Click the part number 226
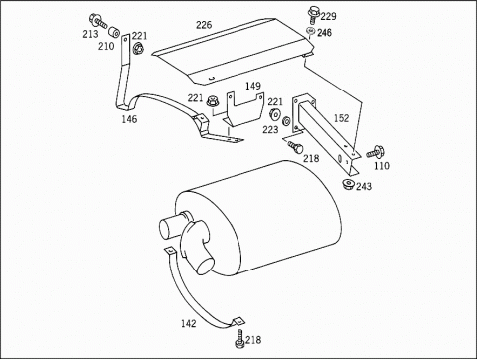[x=204, y=25]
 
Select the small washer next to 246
[x=311, y=31]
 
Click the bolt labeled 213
[x=98, y=21]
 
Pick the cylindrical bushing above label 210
[x=115, y=32]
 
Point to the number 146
[x=129, y=119]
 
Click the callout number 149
[x=253, y=86]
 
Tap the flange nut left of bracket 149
[x=211, y=100]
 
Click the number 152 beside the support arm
[x=341, y=118]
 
